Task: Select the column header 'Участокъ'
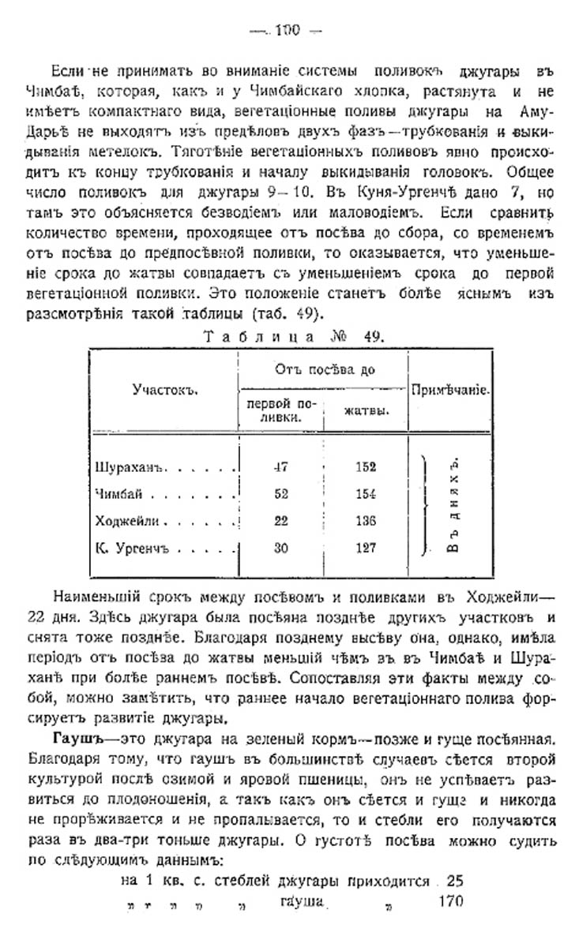[164, 390]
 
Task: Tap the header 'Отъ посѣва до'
[325, 369]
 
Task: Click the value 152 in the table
[365, 466]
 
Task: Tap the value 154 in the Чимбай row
[365, 494]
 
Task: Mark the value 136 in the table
[365, 522]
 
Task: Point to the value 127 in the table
[365, 548]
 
